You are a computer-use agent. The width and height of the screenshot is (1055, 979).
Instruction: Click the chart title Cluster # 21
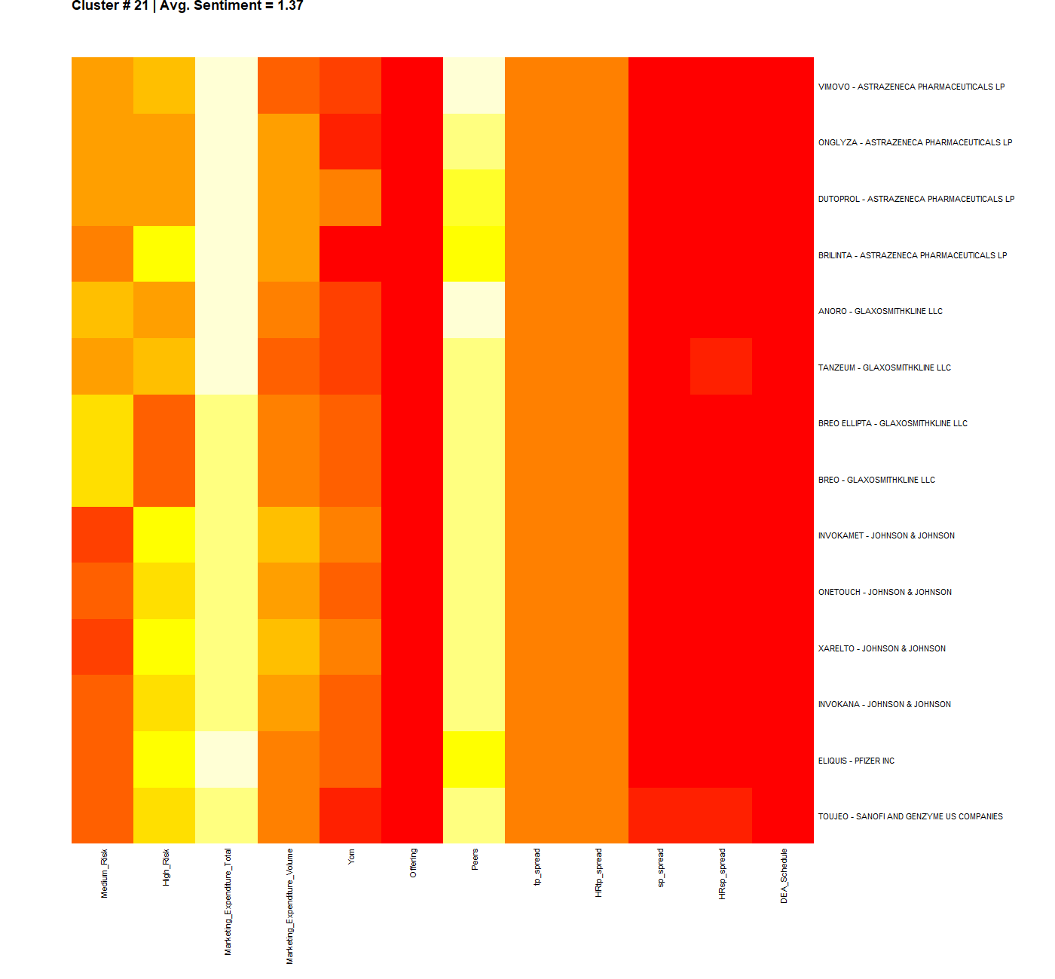tap(187, 6)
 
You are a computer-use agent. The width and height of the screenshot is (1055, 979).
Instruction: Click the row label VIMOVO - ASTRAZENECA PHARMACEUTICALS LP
tap(911, 87)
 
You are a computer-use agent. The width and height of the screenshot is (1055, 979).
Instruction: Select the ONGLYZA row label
tap(915, 142)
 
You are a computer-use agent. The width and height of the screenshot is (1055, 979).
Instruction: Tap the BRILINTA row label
tap(913, 255)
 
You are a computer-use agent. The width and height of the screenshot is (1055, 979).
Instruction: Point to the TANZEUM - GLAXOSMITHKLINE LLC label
tap(885, 368)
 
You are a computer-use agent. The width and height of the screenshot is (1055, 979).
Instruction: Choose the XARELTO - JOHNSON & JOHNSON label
tap(882, 648)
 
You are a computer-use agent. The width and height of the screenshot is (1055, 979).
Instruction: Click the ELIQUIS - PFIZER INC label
tap(856, 761)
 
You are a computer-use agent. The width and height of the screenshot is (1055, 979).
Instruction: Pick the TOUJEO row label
tap(910, 816)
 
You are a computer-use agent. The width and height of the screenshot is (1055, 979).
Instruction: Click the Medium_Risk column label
tap(104, 873)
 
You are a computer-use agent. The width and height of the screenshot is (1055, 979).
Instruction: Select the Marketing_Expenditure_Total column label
tap(228, 901)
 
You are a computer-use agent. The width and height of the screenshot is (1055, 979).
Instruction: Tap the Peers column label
tap(475, 859)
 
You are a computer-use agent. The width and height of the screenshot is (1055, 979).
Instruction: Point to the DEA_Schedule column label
tap(784, 876)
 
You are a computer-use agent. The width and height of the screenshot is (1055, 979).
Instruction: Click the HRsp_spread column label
tap(722, 874)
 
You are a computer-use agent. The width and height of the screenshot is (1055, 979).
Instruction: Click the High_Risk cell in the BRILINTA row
tap(164, 254)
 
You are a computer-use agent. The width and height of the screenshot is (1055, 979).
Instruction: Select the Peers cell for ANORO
tap(474, 310)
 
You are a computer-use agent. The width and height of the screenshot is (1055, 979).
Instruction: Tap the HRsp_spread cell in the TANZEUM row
tap(721, 367)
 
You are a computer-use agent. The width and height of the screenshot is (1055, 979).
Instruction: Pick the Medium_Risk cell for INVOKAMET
tap(102, 535)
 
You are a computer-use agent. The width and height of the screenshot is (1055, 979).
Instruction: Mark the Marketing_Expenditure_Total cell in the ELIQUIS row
tap(226, 759)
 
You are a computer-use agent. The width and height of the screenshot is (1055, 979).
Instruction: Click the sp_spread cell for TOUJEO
tap(659, 816)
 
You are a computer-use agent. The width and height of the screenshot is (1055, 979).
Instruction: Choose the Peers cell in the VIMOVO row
tap(474, 85)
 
